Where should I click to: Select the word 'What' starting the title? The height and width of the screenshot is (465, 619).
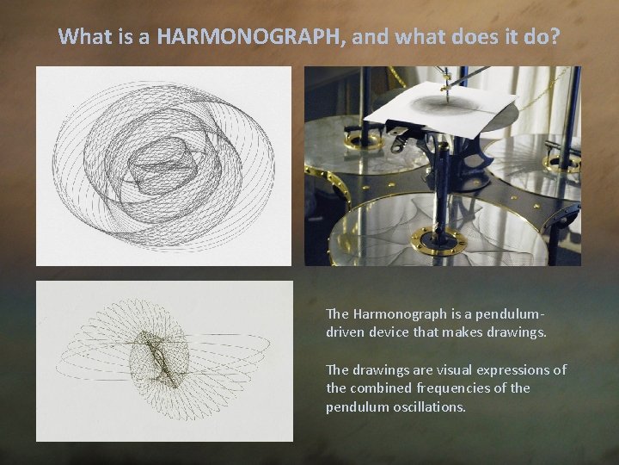click(x=81, y=36)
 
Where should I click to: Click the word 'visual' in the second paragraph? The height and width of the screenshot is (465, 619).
click(x=461, y=369)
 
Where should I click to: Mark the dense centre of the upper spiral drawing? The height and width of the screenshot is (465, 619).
click(x=159, y=164)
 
